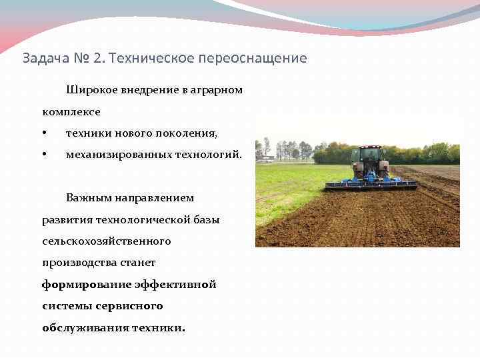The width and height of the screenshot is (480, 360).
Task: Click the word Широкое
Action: pyautogui.click(x=89, y=90)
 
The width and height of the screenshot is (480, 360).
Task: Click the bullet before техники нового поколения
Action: pyautogui.click(x=44, y=133)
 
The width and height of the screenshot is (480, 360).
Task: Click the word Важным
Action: pyautogui.click(x=87, y=198)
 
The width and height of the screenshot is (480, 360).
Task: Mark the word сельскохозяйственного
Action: pyautogui.click(x=106, y=241)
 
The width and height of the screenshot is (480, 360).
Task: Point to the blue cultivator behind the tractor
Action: pyautogui.click(x=371, y=183)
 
